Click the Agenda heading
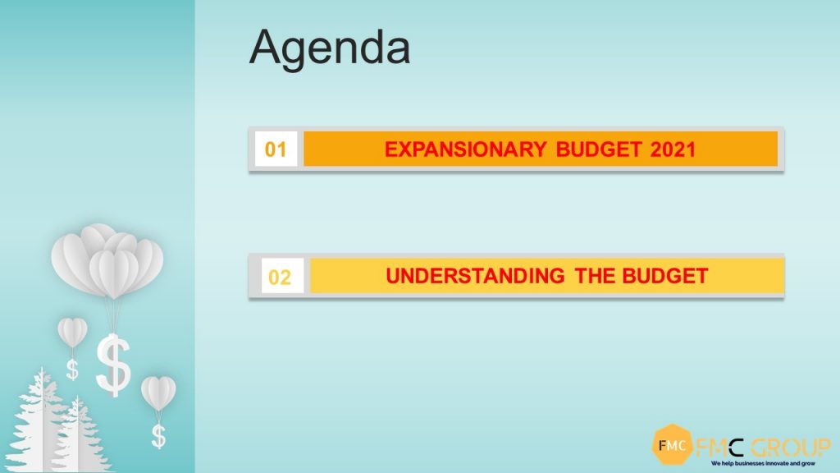click(x=330, y=48)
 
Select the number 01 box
click(x=276, y=149)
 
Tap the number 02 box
click(x=282, y=276)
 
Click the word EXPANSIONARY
click(x=465, y=149)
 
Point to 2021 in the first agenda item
click(x=673, y=149)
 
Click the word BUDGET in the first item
click(x=598, y=149)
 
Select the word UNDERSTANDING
click(x=475, y=276)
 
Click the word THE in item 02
click(x=595, y=276)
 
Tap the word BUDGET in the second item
click(x=665, y=276)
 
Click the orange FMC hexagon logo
click(x=672, y=444)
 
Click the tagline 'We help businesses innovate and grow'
click(x=763, y=463)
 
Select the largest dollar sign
click(x=113, y=365)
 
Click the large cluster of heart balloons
click(x=107, y=261)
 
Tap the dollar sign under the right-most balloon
click(x=158, y=436)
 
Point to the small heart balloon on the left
click(x=72, y=333)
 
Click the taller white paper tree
click(x=39, y=424)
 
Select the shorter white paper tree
click(x=79, y=437)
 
